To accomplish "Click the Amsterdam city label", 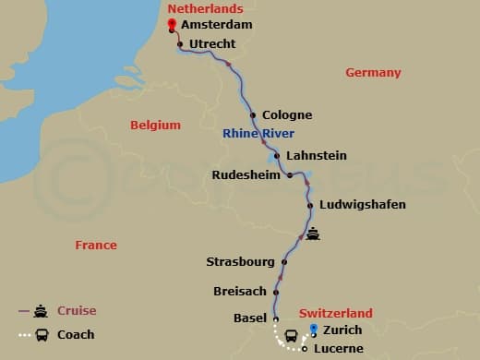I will pos(217,25).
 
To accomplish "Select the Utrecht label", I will pos(212,43).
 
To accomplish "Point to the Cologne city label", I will pos(287,115).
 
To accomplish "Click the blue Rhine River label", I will pos(258,134).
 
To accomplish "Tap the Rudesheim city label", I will pos(246,174).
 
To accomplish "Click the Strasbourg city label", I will pos(241,262).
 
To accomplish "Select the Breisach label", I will pos(240,290).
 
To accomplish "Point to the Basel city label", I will pos(251,318).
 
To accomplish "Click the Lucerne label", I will pos(337,349).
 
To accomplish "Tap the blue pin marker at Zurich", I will pos(314,330).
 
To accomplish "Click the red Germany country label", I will pos(373,72).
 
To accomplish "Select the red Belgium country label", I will pos(155,125).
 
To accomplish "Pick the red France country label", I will pos(97,245).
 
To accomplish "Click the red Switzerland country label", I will pos(336,313).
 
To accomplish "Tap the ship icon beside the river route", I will pos(314,234).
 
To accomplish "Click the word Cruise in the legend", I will pos(77,310).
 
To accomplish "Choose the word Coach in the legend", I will pos(76,334).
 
